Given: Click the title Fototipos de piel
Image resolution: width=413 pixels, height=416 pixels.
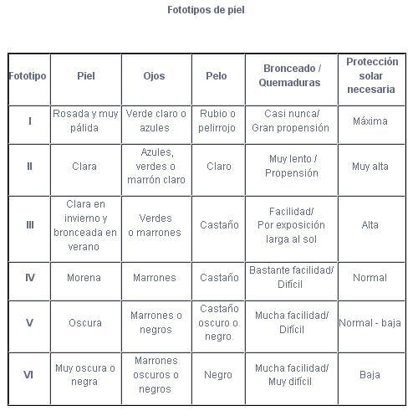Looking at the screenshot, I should click(x=206, y=11).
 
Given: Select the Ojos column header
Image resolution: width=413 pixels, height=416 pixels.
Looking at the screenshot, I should click(x=156, y=76).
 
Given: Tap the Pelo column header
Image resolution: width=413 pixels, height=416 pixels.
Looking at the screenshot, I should click(x=217, y=76).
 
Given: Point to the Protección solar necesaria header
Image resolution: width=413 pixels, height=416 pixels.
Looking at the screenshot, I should click(x=370, y=75).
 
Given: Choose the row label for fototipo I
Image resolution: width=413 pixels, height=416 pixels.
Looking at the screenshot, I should click(x=29, y=121).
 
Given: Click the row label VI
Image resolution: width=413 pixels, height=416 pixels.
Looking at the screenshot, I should click(x=29, y=375).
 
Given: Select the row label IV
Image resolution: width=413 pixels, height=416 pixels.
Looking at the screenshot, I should click(x=29, y=278).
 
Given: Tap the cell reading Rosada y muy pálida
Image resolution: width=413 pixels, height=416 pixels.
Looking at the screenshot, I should click(x=85, y=121).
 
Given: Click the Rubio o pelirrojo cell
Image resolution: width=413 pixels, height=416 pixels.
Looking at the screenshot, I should click(x=218, y=121).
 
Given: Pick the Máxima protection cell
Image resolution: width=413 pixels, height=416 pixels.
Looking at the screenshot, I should click(x=370, y=121).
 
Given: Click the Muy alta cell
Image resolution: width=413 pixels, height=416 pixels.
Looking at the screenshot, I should click(x=370, y=167).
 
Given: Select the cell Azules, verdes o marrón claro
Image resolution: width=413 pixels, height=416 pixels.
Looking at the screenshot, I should click(x=156, y=167).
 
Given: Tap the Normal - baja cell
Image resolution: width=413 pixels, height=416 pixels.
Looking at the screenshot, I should click(x=370, y=323).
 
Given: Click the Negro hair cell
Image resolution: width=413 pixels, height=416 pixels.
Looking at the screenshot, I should click(x=218, y=375).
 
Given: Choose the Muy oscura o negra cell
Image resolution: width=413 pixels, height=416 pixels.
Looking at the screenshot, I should click(x=85, y=375).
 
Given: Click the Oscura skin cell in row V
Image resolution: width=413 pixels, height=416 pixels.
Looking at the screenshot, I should click(x=85, y=323).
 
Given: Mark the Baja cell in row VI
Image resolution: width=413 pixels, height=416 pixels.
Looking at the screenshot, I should click(x=370, y=375).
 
